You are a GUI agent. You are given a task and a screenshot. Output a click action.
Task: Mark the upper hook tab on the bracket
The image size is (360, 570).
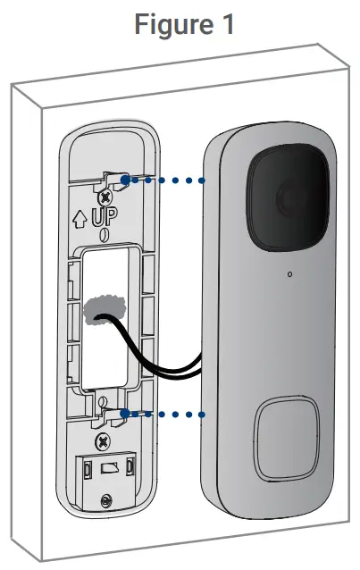click(x=114, y=176)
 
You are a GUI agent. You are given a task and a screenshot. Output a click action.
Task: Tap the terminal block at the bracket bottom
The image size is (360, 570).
click(x=106, y=470)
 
